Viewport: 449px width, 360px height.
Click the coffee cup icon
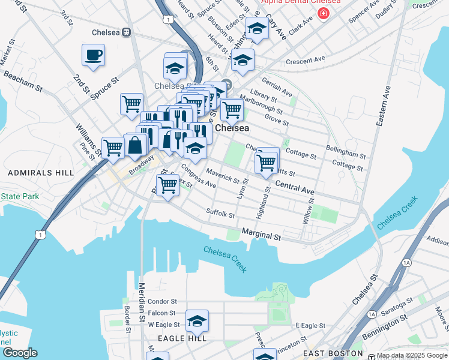point(93,56)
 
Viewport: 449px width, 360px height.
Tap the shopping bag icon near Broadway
point(136,145)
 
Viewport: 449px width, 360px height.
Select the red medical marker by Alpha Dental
point(324,13)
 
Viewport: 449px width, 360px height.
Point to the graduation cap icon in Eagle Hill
point(196,322)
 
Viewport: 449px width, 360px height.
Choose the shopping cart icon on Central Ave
point(266,161)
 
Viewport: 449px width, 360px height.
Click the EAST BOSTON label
point(333,354)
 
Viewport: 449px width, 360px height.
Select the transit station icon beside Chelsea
point(127,32)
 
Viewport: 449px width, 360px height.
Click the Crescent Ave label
point(306,61)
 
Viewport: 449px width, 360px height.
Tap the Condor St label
point(163,301)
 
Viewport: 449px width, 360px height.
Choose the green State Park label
point(19,196)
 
